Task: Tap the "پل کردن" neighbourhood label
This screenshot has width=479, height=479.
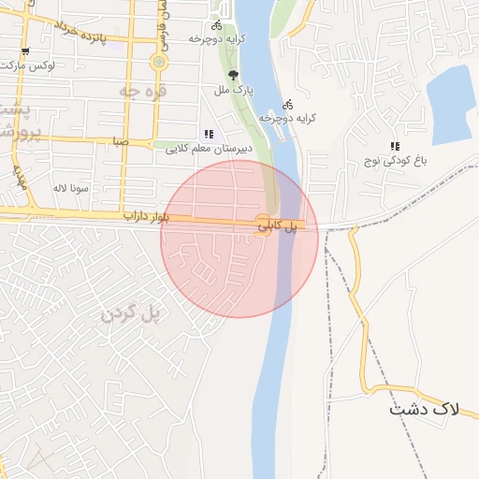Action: pyautogui.click(x=132, y=312)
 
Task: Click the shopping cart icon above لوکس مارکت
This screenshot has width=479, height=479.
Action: pyautogui.click(x=24, y=51)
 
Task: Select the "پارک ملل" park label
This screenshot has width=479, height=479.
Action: pyautogui.click(x=234, y=90)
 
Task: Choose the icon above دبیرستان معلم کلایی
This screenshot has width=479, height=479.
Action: pyautogui.click(x=208, y=134)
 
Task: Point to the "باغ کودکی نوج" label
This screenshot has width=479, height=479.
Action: pyautogui.click(x=396, y=161)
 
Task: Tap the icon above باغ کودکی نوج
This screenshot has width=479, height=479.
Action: pyautogui.click(x=395, y=147)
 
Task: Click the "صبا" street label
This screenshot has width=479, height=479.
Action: pyautogui.click(x=118, y=142)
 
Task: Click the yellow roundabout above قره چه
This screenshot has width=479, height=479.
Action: pyautogui.click(x=158, y=63)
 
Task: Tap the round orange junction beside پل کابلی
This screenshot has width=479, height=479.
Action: pyautogui.click(x=263, y=225)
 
